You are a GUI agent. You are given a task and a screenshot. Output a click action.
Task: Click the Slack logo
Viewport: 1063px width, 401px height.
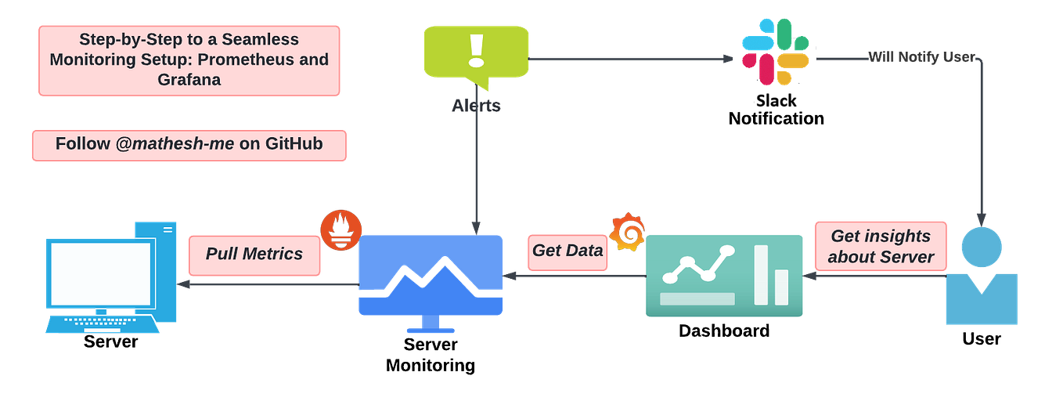tap(775, 52)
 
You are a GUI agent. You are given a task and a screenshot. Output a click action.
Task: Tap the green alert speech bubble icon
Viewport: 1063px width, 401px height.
tap(476, 55)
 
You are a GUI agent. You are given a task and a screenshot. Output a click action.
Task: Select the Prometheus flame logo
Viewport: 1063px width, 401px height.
tap(341, 229)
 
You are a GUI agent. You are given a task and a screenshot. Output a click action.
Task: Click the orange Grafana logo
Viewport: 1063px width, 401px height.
tap(629, 232)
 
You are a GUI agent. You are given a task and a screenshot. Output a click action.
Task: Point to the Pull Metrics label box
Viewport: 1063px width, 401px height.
tap(254, 255)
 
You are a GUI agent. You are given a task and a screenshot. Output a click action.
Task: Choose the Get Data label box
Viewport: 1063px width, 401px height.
tap(568, 251)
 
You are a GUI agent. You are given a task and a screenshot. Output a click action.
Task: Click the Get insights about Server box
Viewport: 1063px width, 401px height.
tap(881, 247)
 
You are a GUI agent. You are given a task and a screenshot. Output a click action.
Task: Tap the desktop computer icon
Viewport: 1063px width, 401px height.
tap(110, 278)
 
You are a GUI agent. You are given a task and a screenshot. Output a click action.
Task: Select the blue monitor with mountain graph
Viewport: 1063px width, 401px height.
tap(431, 278)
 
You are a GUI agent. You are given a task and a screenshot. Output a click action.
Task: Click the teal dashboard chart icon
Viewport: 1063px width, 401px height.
tap(724, 276)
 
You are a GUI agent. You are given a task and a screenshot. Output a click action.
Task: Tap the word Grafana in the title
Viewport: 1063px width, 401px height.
tap(189, 80)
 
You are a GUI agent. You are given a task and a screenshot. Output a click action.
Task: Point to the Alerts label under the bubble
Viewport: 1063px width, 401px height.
tap(476, 107)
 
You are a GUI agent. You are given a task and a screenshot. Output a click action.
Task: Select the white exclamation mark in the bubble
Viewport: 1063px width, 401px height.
tap(476, 49)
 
